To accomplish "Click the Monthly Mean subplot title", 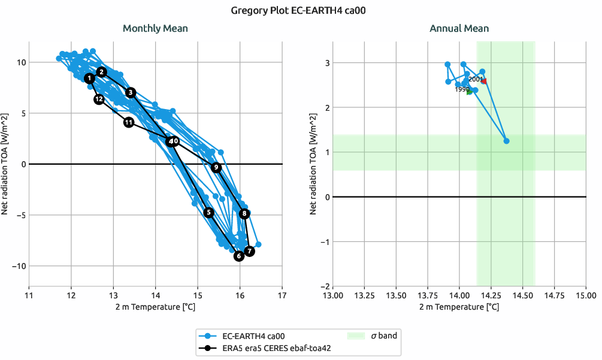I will click(x=155, y=28).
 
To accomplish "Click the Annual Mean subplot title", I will click(x=459, y=28).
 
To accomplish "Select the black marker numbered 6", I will click(x=239, y=256).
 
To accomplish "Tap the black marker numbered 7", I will click(x=250, y=251).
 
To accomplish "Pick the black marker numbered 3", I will click(x=131, y=92).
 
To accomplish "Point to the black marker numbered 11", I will click(x=129, y=122).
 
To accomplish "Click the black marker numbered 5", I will click(x=209, y=212).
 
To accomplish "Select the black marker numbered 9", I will click(x=216, y=167).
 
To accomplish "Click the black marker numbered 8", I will click(x=244, y=213).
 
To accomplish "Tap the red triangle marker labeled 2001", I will click(x=484, y=81).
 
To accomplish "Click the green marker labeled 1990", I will click(x=470, y=91).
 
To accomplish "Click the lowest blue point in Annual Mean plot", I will click(x=506, y=141).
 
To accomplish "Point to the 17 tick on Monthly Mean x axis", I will click(x=282, y=295).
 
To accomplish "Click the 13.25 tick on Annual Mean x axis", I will click(x=364, y=295).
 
